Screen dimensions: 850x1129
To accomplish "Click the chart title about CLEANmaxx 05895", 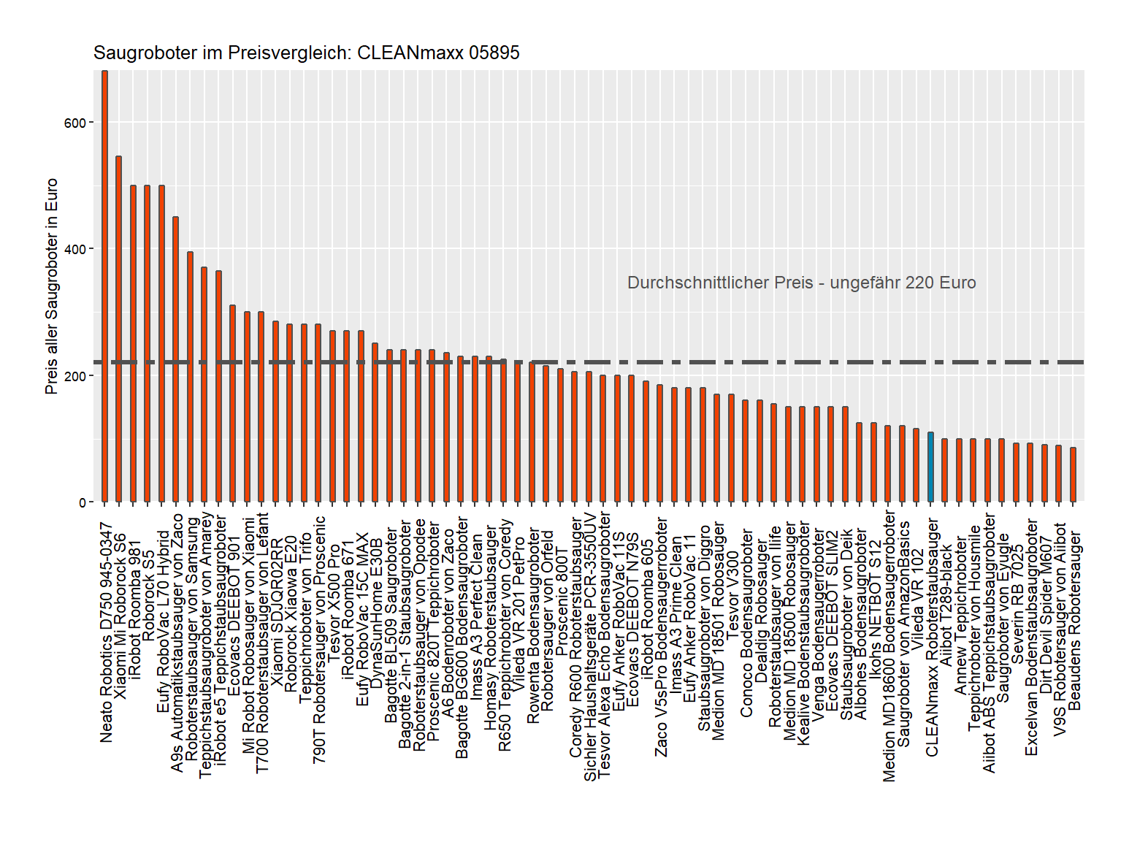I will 306,53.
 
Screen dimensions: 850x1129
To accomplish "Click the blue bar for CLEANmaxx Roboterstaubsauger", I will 930,467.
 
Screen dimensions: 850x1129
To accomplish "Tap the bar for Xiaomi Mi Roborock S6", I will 118,329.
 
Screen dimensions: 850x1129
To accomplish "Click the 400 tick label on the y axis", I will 75,249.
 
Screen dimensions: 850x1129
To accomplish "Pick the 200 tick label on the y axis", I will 75,376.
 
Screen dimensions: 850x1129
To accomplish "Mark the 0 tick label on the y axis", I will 83,502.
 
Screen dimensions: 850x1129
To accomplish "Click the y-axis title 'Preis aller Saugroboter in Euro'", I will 51,286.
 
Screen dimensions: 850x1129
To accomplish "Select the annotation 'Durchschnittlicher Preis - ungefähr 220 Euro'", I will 801,283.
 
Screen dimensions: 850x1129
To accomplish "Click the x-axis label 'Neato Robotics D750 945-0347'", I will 107,632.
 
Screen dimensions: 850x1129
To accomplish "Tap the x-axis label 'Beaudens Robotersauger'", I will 1074,621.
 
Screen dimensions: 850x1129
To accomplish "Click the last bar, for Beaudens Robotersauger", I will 1073,475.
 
